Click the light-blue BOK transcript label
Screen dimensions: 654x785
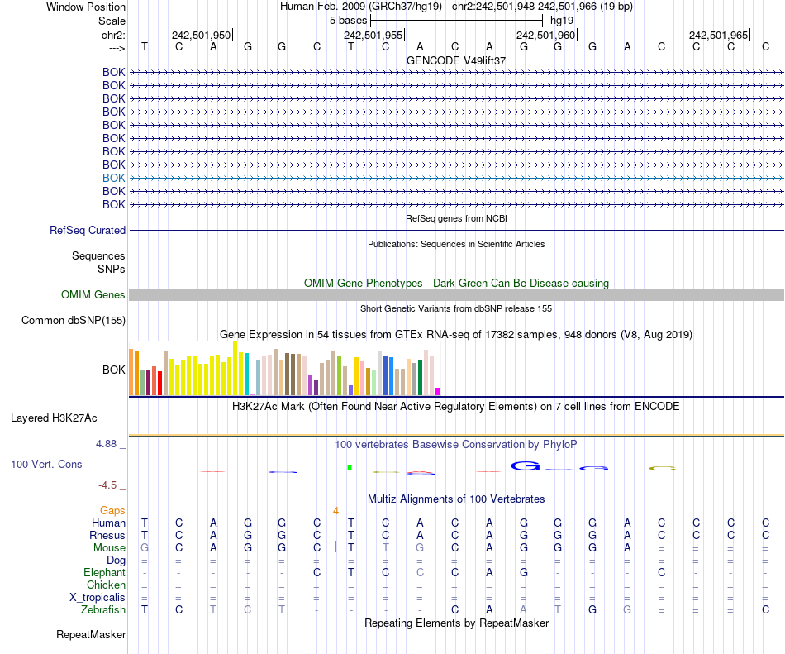pos(114,178)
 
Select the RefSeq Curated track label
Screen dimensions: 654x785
pos(88,231)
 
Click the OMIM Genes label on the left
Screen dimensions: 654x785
pos(93,295)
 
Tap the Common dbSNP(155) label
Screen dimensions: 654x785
pos(74,320)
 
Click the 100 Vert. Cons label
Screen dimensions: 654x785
pos(46,465)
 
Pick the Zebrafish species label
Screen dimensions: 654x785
pos(103,610)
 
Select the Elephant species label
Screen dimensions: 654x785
pos(104,573)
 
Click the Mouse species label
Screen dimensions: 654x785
pos(109,548)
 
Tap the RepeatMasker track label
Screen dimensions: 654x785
pos(91,635)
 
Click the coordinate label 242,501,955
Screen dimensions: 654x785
pos(373,36)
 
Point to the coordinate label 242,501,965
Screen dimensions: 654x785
pos(718,36)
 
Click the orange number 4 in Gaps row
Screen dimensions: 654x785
pos(336,511)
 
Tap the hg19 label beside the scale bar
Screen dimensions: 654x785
pos(562,19)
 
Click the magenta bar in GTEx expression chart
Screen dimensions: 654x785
pos(438,391)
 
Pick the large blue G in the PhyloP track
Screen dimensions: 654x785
pos(524,467)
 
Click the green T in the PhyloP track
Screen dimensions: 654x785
pos(350,467)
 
